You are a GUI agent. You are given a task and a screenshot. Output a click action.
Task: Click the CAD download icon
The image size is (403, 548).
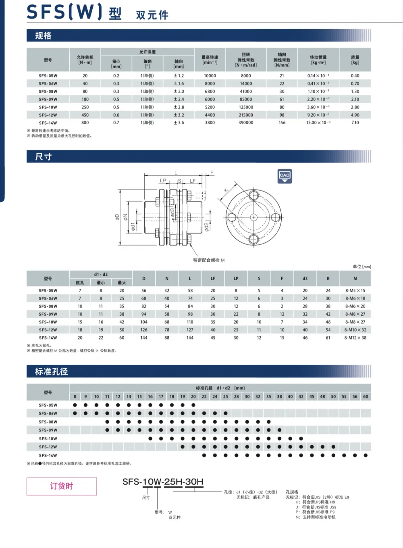coord(285,176)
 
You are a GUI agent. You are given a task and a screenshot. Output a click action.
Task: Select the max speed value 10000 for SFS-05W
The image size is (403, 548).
coord(210,76)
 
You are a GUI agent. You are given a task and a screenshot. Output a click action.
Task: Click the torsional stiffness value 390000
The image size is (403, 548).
coord(246,123)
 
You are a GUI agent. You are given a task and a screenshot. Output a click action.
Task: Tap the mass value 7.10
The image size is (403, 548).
coord(355,123)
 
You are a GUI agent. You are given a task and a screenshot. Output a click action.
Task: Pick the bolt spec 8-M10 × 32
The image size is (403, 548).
coord(355,330)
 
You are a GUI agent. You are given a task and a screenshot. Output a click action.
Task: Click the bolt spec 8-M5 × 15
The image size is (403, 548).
coord(355,291)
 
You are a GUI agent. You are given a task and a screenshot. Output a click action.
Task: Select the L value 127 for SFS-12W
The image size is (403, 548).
coord(190,330)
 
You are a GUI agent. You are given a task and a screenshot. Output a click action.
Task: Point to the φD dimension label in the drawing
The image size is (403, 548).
coord(117,217)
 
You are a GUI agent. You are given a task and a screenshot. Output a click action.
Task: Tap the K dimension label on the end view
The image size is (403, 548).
coord(226,190)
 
